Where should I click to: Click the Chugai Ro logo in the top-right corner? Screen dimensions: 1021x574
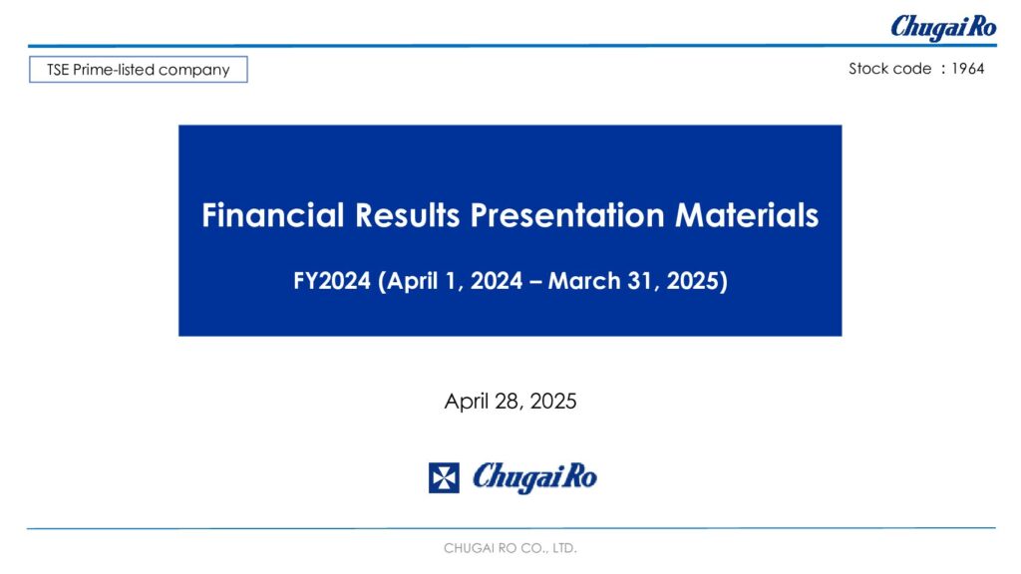click(x=943, y=27)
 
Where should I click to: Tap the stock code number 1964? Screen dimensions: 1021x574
click(x=967, y=69)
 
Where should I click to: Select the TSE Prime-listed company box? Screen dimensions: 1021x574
click(x=138, y=70)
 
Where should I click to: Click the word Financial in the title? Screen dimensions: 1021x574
click(x=273, y=215)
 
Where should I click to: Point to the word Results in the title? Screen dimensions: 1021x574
click(x=408, y=215)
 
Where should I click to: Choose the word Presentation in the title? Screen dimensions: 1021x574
click(x=567, y=215)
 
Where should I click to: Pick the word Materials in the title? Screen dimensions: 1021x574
click(x=747, y=215)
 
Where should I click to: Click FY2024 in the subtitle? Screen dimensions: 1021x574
click(x=332, y=281)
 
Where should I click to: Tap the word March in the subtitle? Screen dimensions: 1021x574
click(x=584, y=281)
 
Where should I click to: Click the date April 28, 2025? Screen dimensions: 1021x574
click(x=510, y=401)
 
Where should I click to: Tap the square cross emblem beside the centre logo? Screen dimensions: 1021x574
click(x=444, y=478)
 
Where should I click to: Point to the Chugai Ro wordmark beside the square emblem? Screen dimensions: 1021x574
click(x=534, y=477)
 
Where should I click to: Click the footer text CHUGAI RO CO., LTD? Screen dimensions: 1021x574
click(x=510, y=549)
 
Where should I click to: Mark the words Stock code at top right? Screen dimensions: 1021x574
click(x=890, y=69)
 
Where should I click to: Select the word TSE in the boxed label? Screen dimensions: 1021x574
click(x=58, y=70)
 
